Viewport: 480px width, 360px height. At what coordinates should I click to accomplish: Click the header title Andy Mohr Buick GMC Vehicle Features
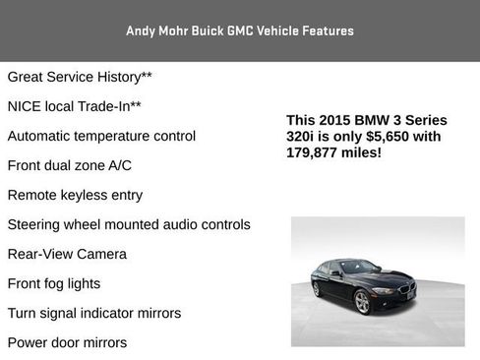coord(239,30)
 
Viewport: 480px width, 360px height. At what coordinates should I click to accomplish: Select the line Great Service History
coord(80,77)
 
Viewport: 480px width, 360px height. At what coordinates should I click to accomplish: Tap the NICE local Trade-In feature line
coord(74,106)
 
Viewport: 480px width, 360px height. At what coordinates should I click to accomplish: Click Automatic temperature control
coord(101,136)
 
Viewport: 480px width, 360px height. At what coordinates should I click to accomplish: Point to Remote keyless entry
coord(75,195)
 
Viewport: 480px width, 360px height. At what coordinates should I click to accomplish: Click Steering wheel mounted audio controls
coord(128,224)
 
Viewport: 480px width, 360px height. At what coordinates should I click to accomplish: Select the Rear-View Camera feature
coord(67,254)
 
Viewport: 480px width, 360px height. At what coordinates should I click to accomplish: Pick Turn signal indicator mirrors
coord(93,313)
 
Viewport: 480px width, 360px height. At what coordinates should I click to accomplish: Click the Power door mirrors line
coord(67,342)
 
